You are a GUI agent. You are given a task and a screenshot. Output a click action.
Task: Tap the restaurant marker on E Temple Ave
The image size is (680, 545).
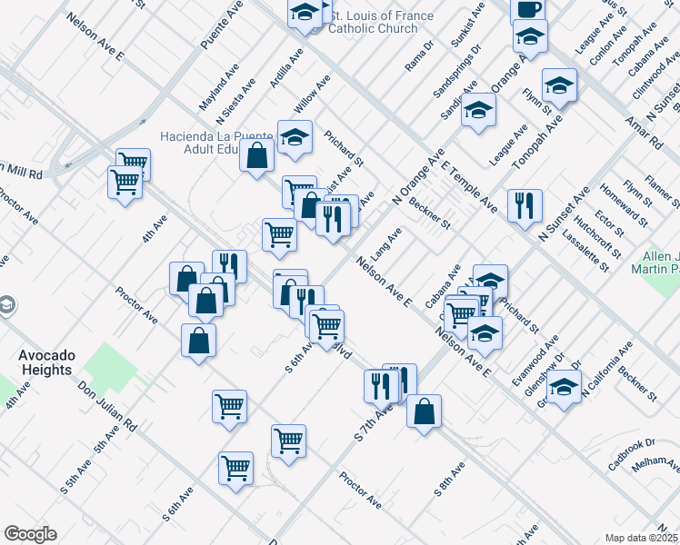point(525,205)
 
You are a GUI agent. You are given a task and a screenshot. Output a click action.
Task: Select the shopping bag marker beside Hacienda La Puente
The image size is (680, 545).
point(257,154)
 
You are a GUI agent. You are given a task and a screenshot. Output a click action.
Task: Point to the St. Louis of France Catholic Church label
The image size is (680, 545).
point(373,22)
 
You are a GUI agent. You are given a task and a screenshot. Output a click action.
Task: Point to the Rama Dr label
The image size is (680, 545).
point(420,60)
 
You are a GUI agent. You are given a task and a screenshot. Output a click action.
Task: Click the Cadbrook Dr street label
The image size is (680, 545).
point(632,450)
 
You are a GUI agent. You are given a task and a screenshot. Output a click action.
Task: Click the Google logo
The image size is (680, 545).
point(30,534)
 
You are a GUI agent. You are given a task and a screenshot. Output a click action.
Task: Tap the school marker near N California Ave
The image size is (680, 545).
point(565,388)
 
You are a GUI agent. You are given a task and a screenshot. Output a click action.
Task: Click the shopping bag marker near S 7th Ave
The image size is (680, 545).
point(424,411)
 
